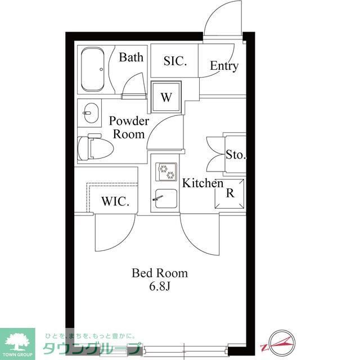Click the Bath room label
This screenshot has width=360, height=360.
coord(131,57)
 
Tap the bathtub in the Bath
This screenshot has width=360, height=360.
coord(92,69)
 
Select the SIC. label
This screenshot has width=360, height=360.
coord(175,61)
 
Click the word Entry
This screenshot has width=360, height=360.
coord(224,66)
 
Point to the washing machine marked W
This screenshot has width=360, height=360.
coord(166,97)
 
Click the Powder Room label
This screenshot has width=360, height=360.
coord(129,128)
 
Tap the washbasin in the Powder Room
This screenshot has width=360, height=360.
coord(91,113)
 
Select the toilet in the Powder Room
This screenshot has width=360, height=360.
coord(96,147)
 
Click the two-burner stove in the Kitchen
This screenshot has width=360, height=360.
coord(166,172)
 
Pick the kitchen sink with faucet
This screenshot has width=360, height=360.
coord(166,199)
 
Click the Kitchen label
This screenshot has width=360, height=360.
coord(202,183)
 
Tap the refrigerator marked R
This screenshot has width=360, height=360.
coord(229,193)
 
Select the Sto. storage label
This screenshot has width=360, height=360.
coord(236,155)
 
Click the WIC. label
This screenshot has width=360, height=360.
coord(115,201)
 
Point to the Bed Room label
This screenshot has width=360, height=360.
coord(160,273)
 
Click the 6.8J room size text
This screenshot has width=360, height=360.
coord(160,286)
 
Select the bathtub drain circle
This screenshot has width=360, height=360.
coord(101,69)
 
